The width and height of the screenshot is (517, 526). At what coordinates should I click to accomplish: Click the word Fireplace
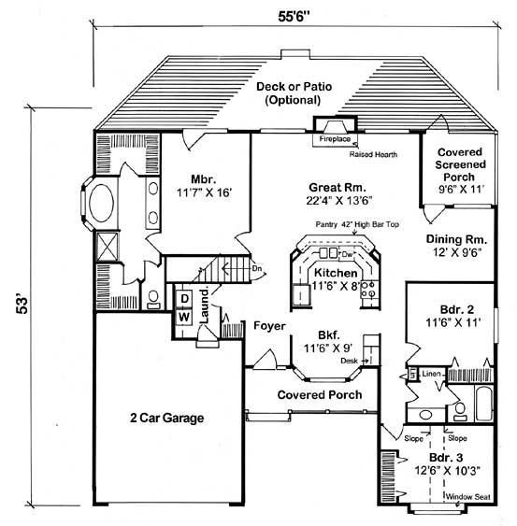[x=335, y=138]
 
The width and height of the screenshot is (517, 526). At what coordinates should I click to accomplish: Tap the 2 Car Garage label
[x=166, y=417]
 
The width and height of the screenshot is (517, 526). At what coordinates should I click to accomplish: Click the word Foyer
[x=267, y=326]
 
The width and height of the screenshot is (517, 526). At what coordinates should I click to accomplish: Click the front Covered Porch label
[x=314, y=394]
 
